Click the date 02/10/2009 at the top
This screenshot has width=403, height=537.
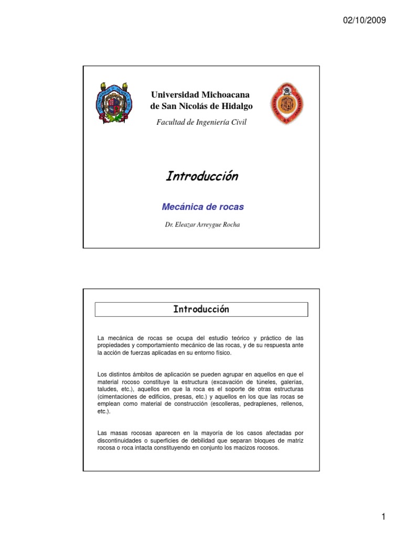click(x=365, y=21)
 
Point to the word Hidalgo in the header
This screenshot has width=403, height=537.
click(x=238, y=106)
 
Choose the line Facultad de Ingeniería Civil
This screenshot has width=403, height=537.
click(x=201, y=122)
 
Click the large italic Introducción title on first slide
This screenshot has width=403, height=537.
click(x=201, y=176)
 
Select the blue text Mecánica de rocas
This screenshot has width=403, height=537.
click(x=203, y=207)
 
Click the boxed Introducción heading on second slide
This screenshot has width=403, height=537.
click(x=201, y=309)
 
